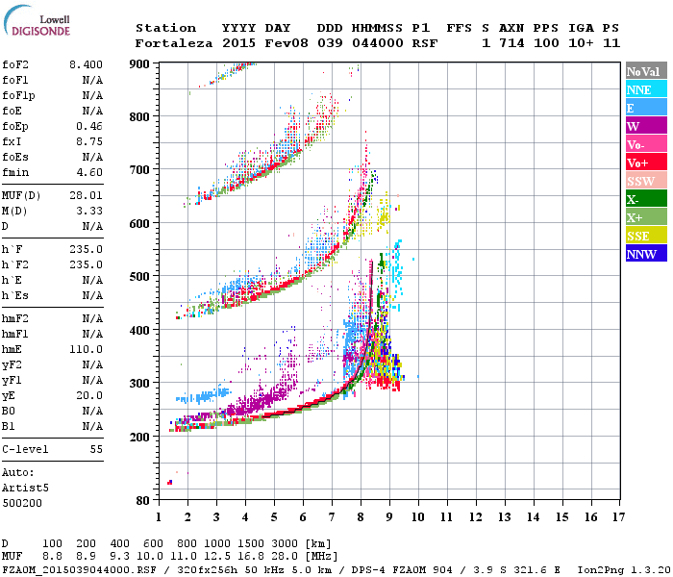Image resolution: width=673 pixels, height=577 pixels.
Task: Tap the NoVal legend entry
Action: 645,71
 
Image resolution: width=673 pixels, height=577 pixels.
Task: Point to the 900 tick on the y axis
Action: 139,63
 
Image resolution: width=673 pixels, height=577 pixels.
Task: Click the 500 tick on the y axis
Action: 139,277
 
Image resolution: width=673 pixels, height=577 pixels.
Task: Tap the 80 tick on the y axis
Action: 142,500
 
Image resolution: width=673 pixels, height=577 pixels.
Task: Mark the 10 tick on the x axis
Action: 418,517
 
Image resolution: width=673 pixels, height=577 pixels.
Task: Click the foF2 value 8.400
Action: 86,63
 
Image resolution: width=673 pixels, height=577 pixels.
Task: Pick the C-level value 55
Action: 95,449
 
